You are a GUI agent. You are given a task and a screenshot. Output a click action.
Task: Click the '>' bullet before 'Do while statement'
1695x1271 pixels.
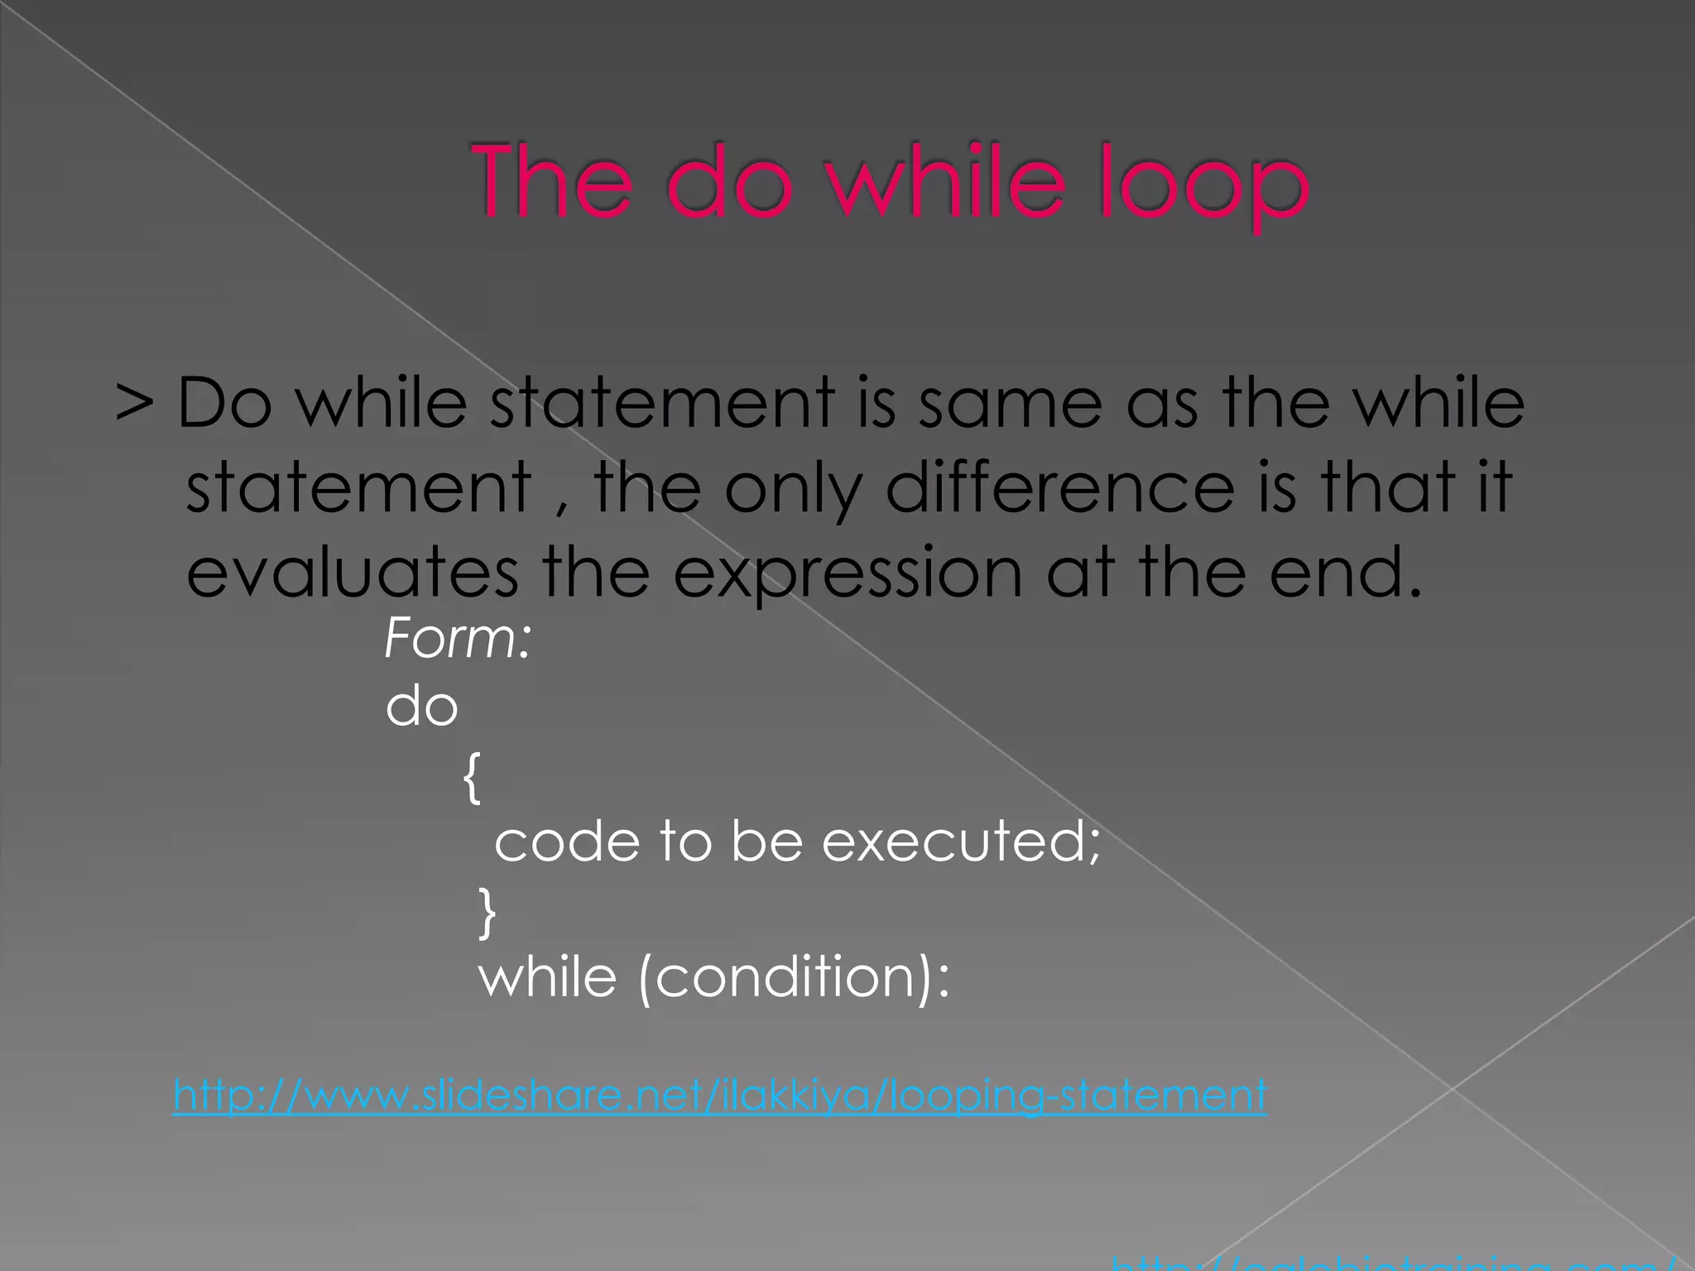coord(134,403)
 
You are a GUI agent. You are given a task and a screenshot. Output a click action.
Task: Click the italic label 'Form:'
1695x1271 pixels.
coord(458,639)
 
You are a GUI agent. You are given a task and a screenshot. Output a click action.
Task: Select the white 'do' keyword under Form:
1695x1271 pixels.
coord(421,707)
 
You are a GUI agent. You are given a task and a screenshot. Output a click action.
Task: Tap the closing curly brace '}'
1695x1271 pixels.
coord(487,913)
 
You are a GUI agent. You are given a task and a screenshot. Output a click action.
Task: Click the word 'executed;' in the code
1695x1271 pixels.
coord(961,842)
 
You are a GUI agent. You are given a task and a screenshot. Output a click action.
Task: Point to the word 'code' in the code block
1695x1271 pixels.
coord(567,842)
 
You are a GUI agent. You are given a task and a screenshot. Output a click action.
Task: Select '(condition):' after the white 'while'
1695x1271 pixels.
coord(795,978)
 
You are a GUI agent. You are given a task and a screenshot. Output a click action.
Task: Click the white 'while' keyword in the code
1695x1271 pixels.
coord(547,977)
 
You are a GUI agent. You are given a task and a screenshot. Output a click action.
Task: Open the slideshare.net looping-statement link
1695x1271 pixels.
coord(719,1096)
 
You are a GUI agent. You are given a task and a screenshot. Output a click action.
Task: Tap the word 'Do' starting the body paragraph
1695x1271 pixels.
coord(224,403)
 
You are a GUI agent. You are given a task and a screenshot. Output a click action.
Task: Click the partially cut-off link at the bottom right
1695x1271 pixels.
coord(1390,1263)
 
